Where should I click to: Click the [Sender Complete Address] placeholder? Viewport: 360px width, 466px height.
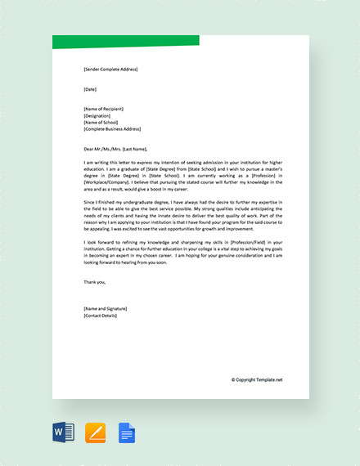(110, 69)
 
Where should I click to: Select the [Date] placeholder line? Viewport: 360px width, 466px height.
(90, 88)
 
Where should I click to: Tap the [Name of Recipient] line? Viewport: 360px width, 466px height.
(105, 109)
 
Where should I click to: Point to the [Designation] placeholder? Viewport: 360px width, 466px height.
(97, 115)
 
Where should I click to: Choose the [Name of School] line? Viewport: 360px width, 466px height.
(101, 122)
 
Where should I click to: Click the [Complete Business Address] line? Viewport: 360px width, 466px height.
(112, 128)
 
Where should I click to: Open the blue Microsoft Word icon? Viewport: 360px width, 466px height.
(62, 431)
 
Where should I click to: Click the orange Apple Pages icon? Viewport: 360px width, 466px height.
(95, 431)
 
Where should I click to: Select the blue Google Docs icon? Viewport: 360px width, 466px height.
(127, 431)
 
